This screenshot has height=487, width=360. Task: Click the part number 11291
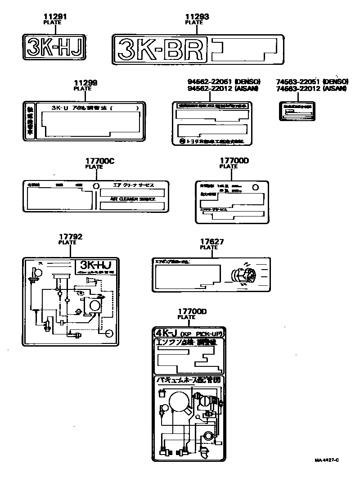click(x=56, y=17)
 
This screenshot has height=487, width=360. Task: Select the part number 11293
click(x=197, y=17)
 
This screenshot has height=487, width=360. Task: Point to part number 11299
click(x=85, y=83)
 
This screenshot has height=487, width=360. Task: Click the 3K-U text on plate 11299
click(x=61, y=108)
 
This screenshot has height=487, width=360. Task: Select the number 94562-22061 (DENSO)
click(x=224, y=81)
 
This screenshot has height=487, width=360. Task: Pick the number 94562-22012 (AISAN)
click(x=223, y=88)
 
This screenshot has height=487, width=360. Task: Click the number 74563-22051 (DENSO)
click(x=312, y=81)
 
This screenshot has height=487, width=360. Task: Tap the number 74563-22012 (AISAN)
click(x=312, y=88)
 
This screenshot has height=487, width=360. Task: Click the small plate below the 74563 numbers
click(x=297, y=111)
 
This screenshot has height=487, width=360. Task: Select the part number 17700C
click(x=97, y=161)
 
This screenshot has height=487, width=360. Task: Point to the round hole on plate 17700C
click(x=95, y=186)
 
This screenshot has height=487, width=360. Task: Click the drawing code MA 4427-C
click(x=327, y=460)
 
